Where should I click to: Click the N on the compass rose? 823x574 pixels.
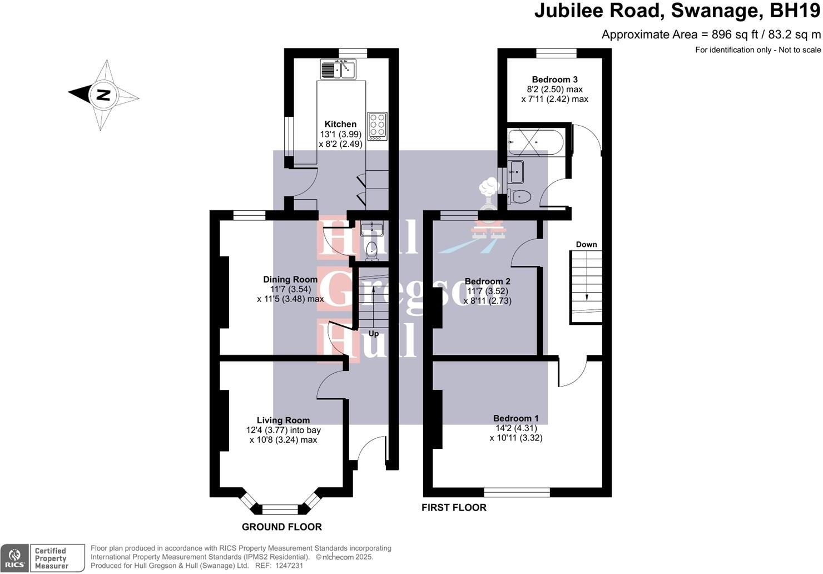pyautogui.click(x=103, y=95)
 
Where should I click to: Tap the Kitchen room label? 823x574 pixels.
pyautogui.click(x=340, y=124)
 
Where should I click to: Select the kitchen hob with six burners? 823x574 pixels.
pyautogui.click(x=378, y=126)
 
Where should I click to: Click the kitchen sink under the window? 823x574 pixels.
pyautogui.click(x=338, y=70)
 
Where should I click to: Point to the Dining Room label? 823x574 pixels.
pyautogui.click(x=290, y=279)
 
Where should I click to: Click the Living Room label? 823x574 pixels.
pyautogui.click(x=283, y=420)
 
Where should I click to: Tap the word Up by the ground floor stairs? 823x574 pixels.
pyautogui.click(x=373, y=334)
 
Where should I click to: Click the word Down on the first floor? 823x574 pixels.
pyautogui.click(x=586, y=244)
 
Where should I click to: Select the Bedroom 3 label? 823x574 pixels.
pyautogui.click(x=555, y=80)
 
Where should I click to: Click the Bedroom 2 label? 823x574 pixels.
pyautogui.click(x=488, y=281)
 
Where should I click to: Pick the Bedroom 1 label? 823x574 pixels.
pyautogui.click(x=516, y=418)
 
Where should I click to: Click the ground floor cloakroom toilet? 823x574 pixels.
pyautogui.click(x=372, y=251)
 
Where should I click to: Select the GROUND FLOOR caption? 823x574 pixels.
pyautogui.click(x=282, y=527)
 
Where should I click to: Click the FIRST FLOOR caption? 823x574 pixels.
pyautogui.click(x=454, y=507)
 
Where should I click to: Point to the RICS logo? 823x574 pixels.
pyautogui.click(x=14, y=558)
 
